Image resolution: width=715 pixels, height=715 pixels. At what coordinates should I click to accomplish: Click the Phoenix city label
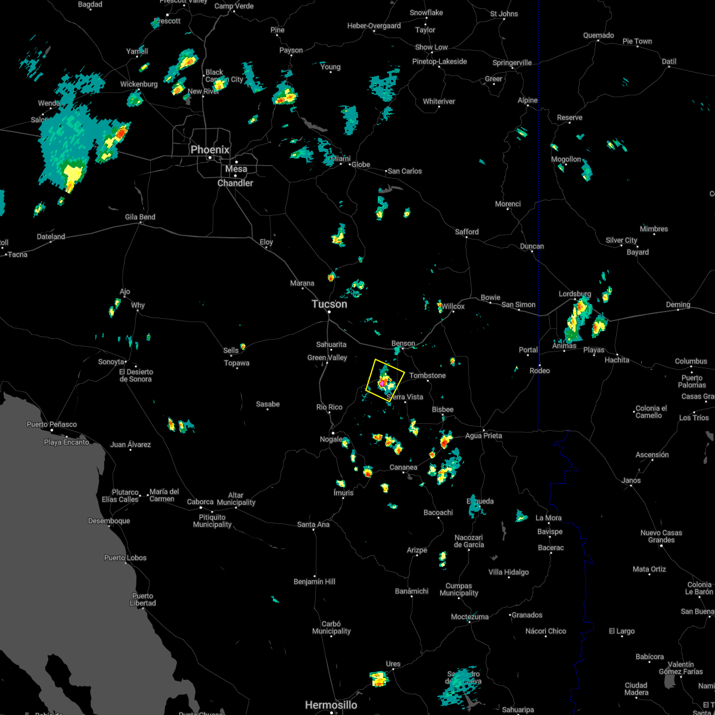[x=210, y=150]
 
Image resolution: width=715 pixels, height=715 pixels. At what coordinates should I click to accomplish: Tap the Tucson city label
[x=329, y=304]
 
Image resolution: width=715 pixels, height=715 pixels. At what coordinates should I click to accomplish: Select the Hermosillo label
[x=331, y=705]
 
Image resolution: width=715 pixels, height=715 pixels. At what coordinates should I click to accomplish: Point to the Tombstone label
[x=427, y=375]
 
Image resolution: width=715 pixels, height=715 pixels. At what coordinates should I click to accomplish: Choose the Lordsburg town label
[x=574, y=294]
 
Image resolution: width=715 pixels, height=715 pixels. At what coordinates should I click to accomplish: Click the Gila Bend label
[x=140, y=217]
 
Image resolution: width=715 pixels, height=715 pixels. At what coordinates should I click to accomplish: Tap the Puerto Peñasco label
[x=52, y=424]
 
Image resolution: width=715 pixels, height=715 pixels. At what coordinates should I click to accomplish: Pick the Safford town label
[x=467, y=232]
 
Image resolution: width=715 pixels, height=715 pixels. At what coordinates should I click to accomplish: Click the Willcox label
[x=453, y=306]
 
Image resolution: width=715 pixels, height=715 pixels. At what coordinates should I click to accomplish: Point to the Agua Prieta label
[x=483, y=436]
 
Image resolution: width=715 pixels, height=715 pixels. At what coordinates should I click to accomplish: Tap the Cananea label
[x=403, y=467]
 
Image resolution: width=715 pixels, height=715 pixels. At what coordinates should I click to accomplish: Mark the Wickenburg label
[x=139, y=84]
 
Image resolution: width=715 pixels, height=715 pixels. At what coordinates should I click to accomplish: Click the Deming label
[x=678, y=304]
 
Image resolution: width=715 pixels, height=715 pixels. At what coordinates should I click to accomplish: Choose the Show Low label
[x=431, y=47]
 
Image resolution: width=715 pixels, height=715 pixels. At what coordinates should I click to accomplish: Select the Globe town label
[x=360, y=164]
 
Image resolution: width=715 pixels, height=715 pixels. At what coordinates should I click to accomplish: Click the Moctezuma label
[x=470, y=617]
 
